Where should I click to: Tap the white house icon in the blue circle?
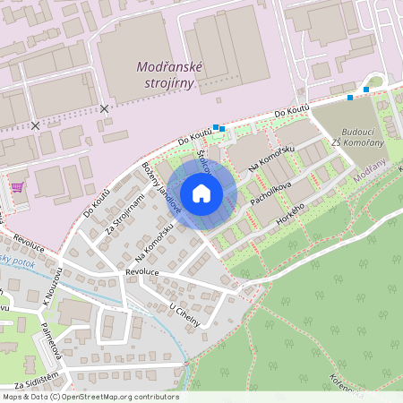(x=201, y=193)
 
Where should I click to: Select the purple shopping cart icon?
(x=17, y=187)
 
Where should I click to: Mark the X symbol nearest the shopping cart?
(x=35, y=126)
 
